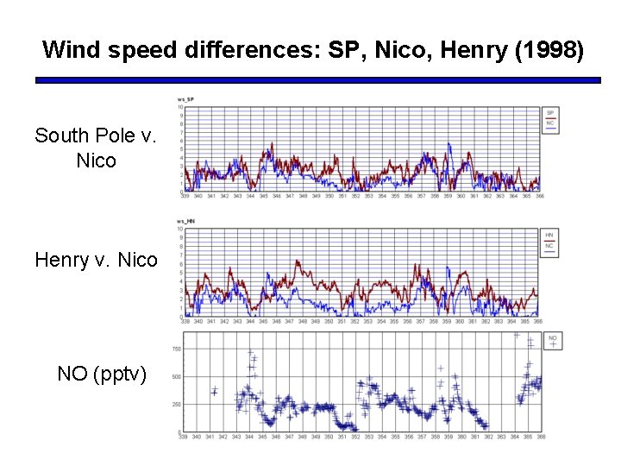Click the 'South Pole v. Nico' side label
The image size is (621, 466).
(x=96, y=148)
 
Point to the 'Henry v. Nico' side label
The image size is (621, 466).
(x=96, y=259)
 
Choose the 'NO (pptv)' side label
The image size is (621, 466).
(x=102, y=374)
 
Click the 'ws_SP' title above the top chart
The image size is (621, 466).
(x=185, y=99)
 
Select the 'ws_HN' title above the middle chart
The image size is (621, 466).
(x=185, y=223)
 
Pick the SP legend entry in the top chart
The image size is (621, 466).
(x=549, y=113)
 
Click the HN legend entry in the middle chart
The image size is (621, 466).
(x=549, y=235)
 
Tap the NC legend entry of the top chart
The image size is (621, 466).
(x=549, y=123)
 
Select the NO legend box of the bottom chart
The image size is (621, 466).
(x=553, y=340)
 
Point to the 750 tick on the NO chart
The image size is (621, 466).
(x=176, y=349)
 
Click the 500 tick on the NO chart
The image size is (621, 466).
(x=176, y=377)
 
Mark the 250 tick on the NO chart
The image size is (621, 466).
(x=176, y=405)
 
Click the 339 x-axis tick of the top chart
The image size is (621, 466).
(x=185, y=197)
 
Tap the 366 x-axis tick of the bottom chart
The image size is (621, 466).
(x=540, y=438)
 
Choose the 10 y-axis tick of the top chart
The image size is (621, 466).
(x=180, y=107)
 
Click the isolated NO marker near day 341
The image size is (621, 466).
(x=214, y=391)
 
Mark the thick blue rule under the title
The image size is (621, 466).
(x=317, y=80)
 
